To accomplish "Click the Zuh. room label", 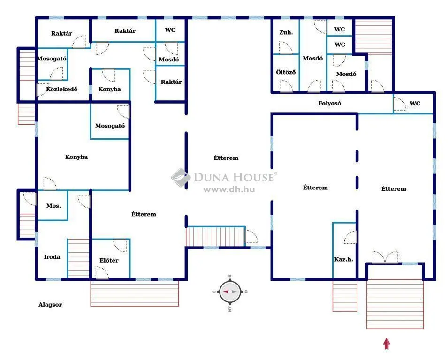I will (x=286, y=32).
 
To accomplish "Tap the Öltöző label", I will (x=285, y=73).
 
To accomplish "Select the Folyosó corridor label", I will (x=329, y=103).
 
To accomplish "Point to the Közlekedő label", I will (x=61, y=89).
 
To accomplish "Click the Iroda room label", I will (x=52, y=257).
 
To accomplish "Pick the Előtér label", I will (x=108, y=260).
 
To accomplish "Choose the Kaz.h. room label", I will (x=343, y=259).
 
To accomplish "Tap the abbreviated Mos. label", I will (x=53, y=206).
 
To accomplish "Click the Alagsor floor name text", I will (x=50, y=305).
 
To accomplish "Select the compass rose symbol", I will (x=230, y=291).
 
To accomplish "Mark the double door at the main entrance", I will (x=385, y=257).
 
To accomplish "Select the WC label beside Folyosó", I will (x=415, y=104).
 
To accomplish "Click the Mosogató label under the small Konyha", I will (x=110, y=126).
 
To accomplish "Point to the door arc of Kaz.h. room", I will (x=350, y=238).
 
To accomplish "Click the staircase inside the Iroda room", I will (x=78, y=258).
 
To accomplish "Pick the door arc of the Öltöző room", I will (x=285, y=86).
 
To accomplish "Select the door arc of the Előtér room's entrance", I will (x=101, y=272).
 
